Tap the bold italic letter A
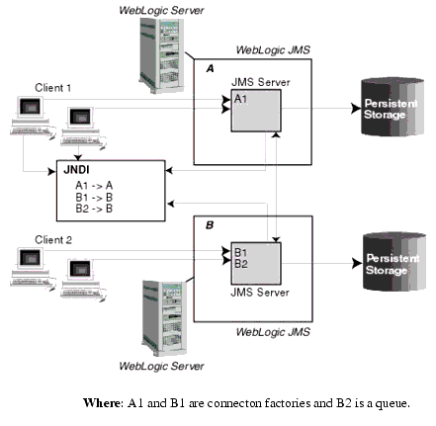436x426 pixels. (x=210, y=69)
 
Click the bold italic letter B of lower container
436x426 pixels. (x=210, y=224)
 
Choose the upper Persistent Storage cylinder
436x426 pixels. (x=392, y=110)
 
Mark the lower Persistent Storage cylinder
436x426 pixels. (x=392, y=264)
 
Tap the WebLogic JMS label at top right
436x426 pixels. (x=273, y=48)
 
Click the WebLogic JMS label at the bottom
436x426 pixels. (x=273, y=332)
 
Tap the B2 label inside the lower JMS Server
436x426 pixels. (x=241, y=265)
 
